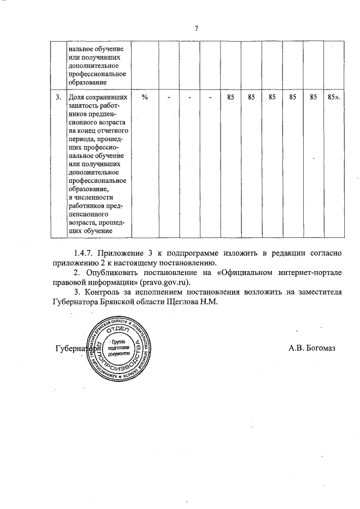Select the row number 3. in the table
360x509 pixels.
click(58, 97)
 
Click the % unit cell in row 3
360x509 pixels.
click(145, 97)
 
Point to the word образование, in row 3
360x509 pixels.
click(87, 190)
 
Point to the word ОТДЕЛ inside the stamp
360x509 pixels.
click(118, 329)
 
